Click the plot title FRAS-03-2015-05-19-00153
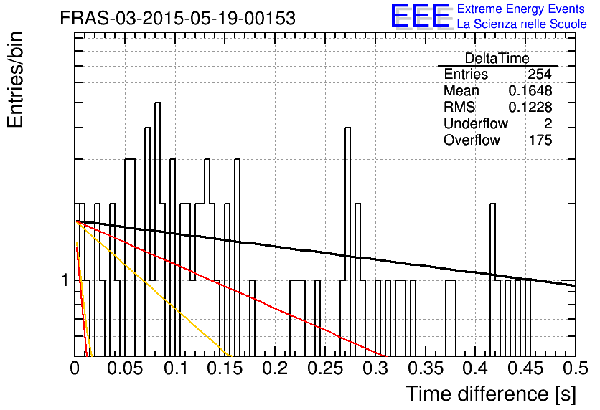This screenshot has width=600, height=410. point(177,19)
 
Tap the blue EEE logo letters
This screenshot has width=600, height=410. point(420,16)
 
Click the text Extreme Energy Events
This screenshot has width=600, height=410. point(521,9)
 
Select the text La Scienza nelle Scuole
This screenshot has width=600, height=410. point(522,24)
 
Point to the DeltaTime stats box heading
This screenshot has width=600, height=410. point(497,58)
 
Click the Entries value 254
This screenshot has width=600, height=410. point(540,74)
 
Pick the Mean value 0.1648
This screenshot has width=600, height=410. point(530,90)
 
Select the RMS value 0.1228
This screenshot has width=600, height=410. point(530,107)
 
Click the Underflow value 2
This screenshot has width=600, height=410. point(548,123)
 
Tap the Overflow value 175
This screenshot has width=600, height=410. point(540,140)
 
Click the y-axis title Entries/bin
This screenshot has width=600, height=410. point(15,80)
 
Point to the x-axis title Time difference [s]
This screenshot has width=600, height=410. point(491,394)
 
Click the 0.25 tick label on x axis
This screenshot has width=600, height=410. point(325,368)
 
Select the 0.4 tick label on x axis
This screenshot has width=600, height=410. point(475,368)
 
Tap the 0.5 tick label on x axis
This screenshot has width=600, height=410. point(575,368)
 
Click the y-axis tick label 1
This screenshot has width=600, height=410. point(65,280)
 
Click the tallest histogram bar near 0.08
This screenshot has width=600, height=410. point(158,229)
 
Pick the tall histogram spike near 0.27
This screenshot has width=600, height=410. point(347,242)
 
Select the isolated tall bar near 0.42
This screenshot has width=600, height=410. point(492,280)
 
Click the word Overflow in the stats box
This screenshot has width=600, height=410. point(472,140)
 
